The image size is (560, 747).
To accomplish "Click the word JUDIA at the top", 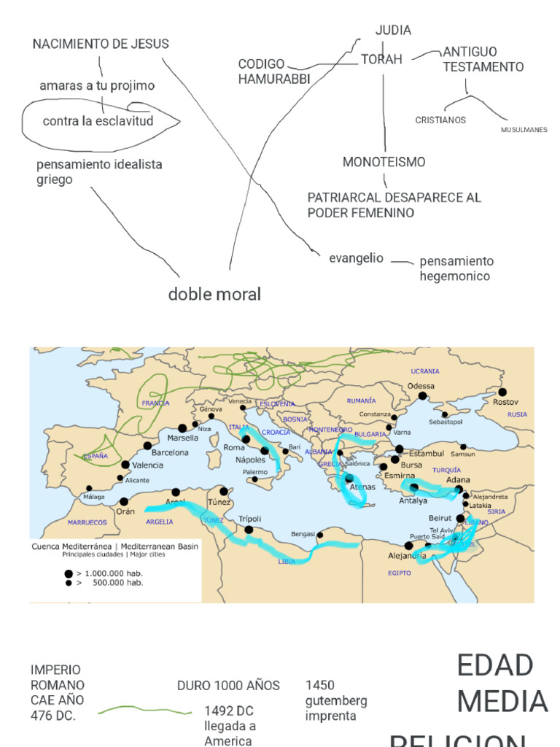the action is tap(393, 30).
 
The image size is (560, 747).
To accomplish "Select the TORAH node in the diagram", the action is tap(381, 60).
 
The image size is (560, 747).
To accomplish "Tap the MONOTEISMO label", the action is tap(384, 162).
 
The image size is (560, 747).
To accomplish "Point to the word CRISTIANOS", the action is tap(440, 120).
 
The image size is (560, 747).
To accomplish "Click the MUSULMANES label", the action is tap(524, 130).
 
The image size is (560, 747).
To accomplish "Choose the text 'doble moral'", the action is tap(214, 294).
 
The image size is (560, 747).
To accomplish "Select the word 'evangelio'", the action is tap(356, 258).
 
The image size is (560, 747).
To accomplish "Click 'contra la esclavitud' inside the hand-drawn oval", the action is tap(98, 121).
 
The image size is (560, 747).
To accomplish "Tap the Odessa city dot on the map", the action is tap(422, 396).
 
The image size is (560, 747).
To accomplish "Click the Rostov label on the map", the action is tap(505, 402).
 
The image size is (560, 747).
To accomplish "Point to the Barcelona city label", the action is tap(170, 452).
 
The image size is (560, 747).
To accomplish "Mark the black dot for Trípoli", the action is tap(249, 530).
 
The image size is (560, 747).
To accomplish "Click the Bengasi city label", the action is tap(303, 534).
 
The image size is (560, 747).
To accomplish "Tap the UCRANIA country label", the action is tap(425, 371).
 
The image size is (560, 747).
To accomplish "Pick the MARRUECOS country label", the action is tap(87, 522).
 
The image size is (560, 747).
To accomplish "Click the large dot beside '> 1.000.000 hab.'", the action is tap(69, 573).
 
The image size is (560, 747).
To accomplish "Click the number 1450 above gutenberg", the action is tap(320, 685).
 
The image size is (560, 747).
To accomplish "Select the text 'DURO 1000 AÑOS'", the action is tap(228, 685).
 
